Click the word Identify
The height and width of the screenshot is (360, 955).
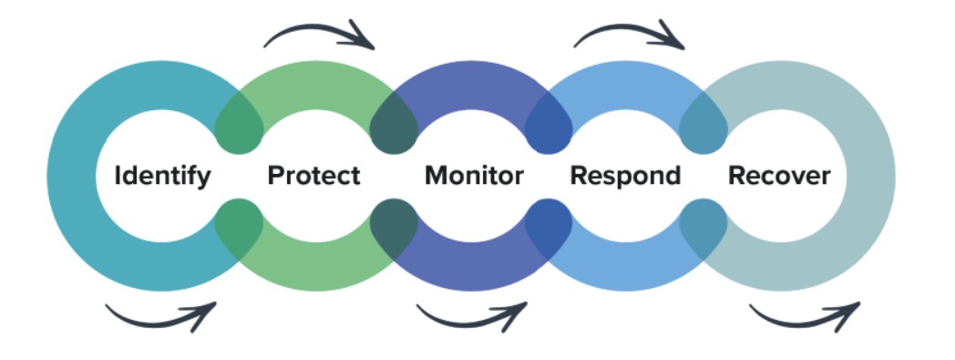[x=162, y=175]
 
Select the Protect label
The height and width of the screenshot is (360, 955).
[x=313, y=175]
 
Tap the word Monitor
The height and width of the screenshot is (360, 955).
[x=474, y=175]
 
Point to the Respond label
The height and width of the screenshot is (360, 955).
[x=625, y=175]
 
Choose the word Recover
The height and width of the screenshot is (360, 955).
[x=779, y=175]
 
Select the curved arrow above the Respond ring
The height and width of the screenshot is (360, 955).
[x=630, y=34]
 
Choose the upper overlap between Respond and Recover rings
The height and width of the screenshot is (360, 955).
[x=703, y=124]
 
